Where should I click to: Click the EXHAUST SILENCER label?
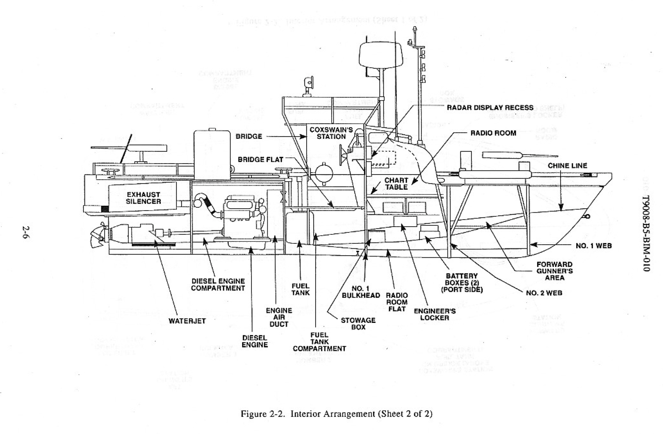143,198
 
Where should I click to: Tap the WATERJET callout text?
187,321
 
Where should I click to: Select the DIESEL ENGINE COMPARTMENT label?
218,285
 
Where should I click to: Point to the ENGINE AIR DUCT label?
279,317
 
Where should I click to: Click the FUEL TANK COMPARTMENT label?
319,342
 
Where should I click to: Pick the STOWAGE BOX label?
358,324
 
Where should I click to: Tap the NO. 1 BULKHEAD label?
361,292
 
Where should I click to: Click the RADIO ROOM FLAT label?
397,302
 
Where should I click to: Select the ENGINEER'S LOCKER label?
435,314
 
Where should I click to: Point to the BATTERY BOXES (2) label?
462,283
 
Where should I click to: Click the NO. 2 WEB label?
544,293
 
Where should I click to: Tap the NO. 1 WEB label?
593,246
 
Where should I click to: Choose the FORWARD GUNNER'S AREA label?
554,271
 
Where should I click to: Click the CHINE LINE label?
567,166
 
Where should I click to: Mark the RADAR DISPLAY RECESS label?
490,108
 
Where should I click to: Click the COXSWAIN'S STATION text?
331,133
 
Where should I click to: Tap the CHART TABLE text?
396,184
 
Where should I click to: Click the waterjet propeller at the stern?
97,236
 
